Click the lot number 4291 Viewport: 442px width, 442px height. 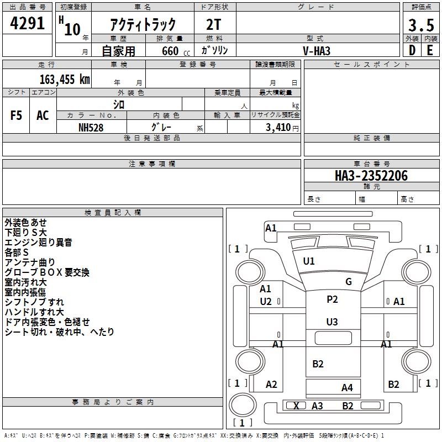[x=28, y=24]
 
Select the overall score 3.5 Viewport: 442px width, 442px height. [x=420, y=25]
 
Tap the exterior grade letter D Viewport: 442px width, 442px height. [x=412, y=50]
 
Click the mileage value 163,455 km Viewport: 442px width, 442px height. [x=65, y=80]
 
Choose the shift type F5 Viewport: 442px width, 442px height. [x=17, y=115]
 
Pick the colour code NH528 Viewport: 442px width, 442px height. [x=91, y=127]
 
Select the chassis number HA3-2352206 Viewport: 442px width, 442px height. [x=371, y=176]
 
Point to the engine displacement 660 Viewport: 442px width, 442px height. [x=170, y=51]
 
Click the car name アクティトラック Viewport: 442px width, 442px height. [x=143, y=24]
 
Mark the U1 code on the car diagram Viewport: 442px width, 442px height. [x=309, y=261]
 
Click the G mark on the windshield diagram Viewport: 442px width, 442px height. [x=349, y=282]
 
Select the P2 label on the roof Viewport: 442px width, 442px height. [x=332, y=299]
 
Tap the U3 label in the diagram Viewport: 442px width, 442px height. [x=332, y=322]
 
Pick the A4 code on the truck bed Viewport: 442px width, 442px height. [x=347, y=387]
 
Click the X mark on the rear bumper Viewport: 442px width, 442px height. [x=297, y=406]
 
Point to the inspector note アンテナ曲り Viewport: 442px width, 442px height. [x=30, y=262]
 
